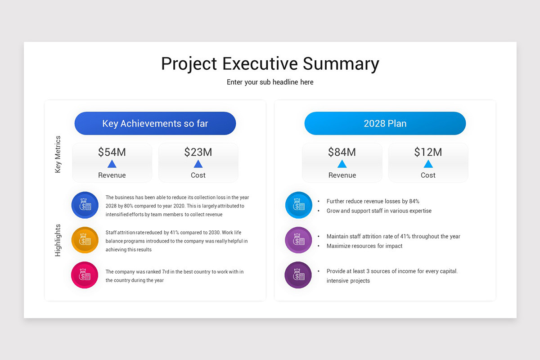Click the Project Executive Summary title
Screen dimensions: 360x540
(270, 64)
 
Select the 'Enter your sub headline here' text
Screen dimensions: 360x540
(270, 82)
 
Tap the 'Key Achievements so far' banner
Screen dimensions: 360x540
(155, 123)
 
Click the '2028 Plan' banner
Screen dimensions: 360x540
(385, 123)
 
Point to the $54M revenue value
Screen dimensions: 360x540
(112, 152)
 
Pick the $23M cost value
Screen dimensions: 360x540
(198, 152)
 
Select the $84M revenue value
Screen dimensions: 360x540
(342, 152)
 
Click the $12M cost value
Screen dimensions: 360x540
(428, 152)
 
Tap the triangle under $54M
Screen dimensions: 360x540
(112, 164)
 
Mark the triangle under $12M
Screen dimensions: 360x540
(428, 164)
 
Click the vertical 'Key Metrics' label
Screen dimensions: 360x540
(58, 154)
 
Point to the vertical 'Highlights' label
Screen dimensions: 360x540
(58, 240)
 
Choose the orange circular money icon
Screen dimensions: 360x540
(85, 240)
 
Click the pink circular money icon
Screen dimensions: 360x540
(85, 275)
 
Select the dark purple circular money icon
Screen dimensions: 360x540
(298, 275)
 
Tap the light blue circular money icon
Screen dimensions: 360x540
(298, 205)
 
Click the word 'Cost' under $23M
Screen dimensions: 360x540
(198, 175)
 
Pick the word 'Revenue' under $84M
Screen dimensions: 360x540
(342, 175)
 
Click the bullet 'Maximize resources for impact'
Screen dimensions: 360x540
(364, 246)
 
